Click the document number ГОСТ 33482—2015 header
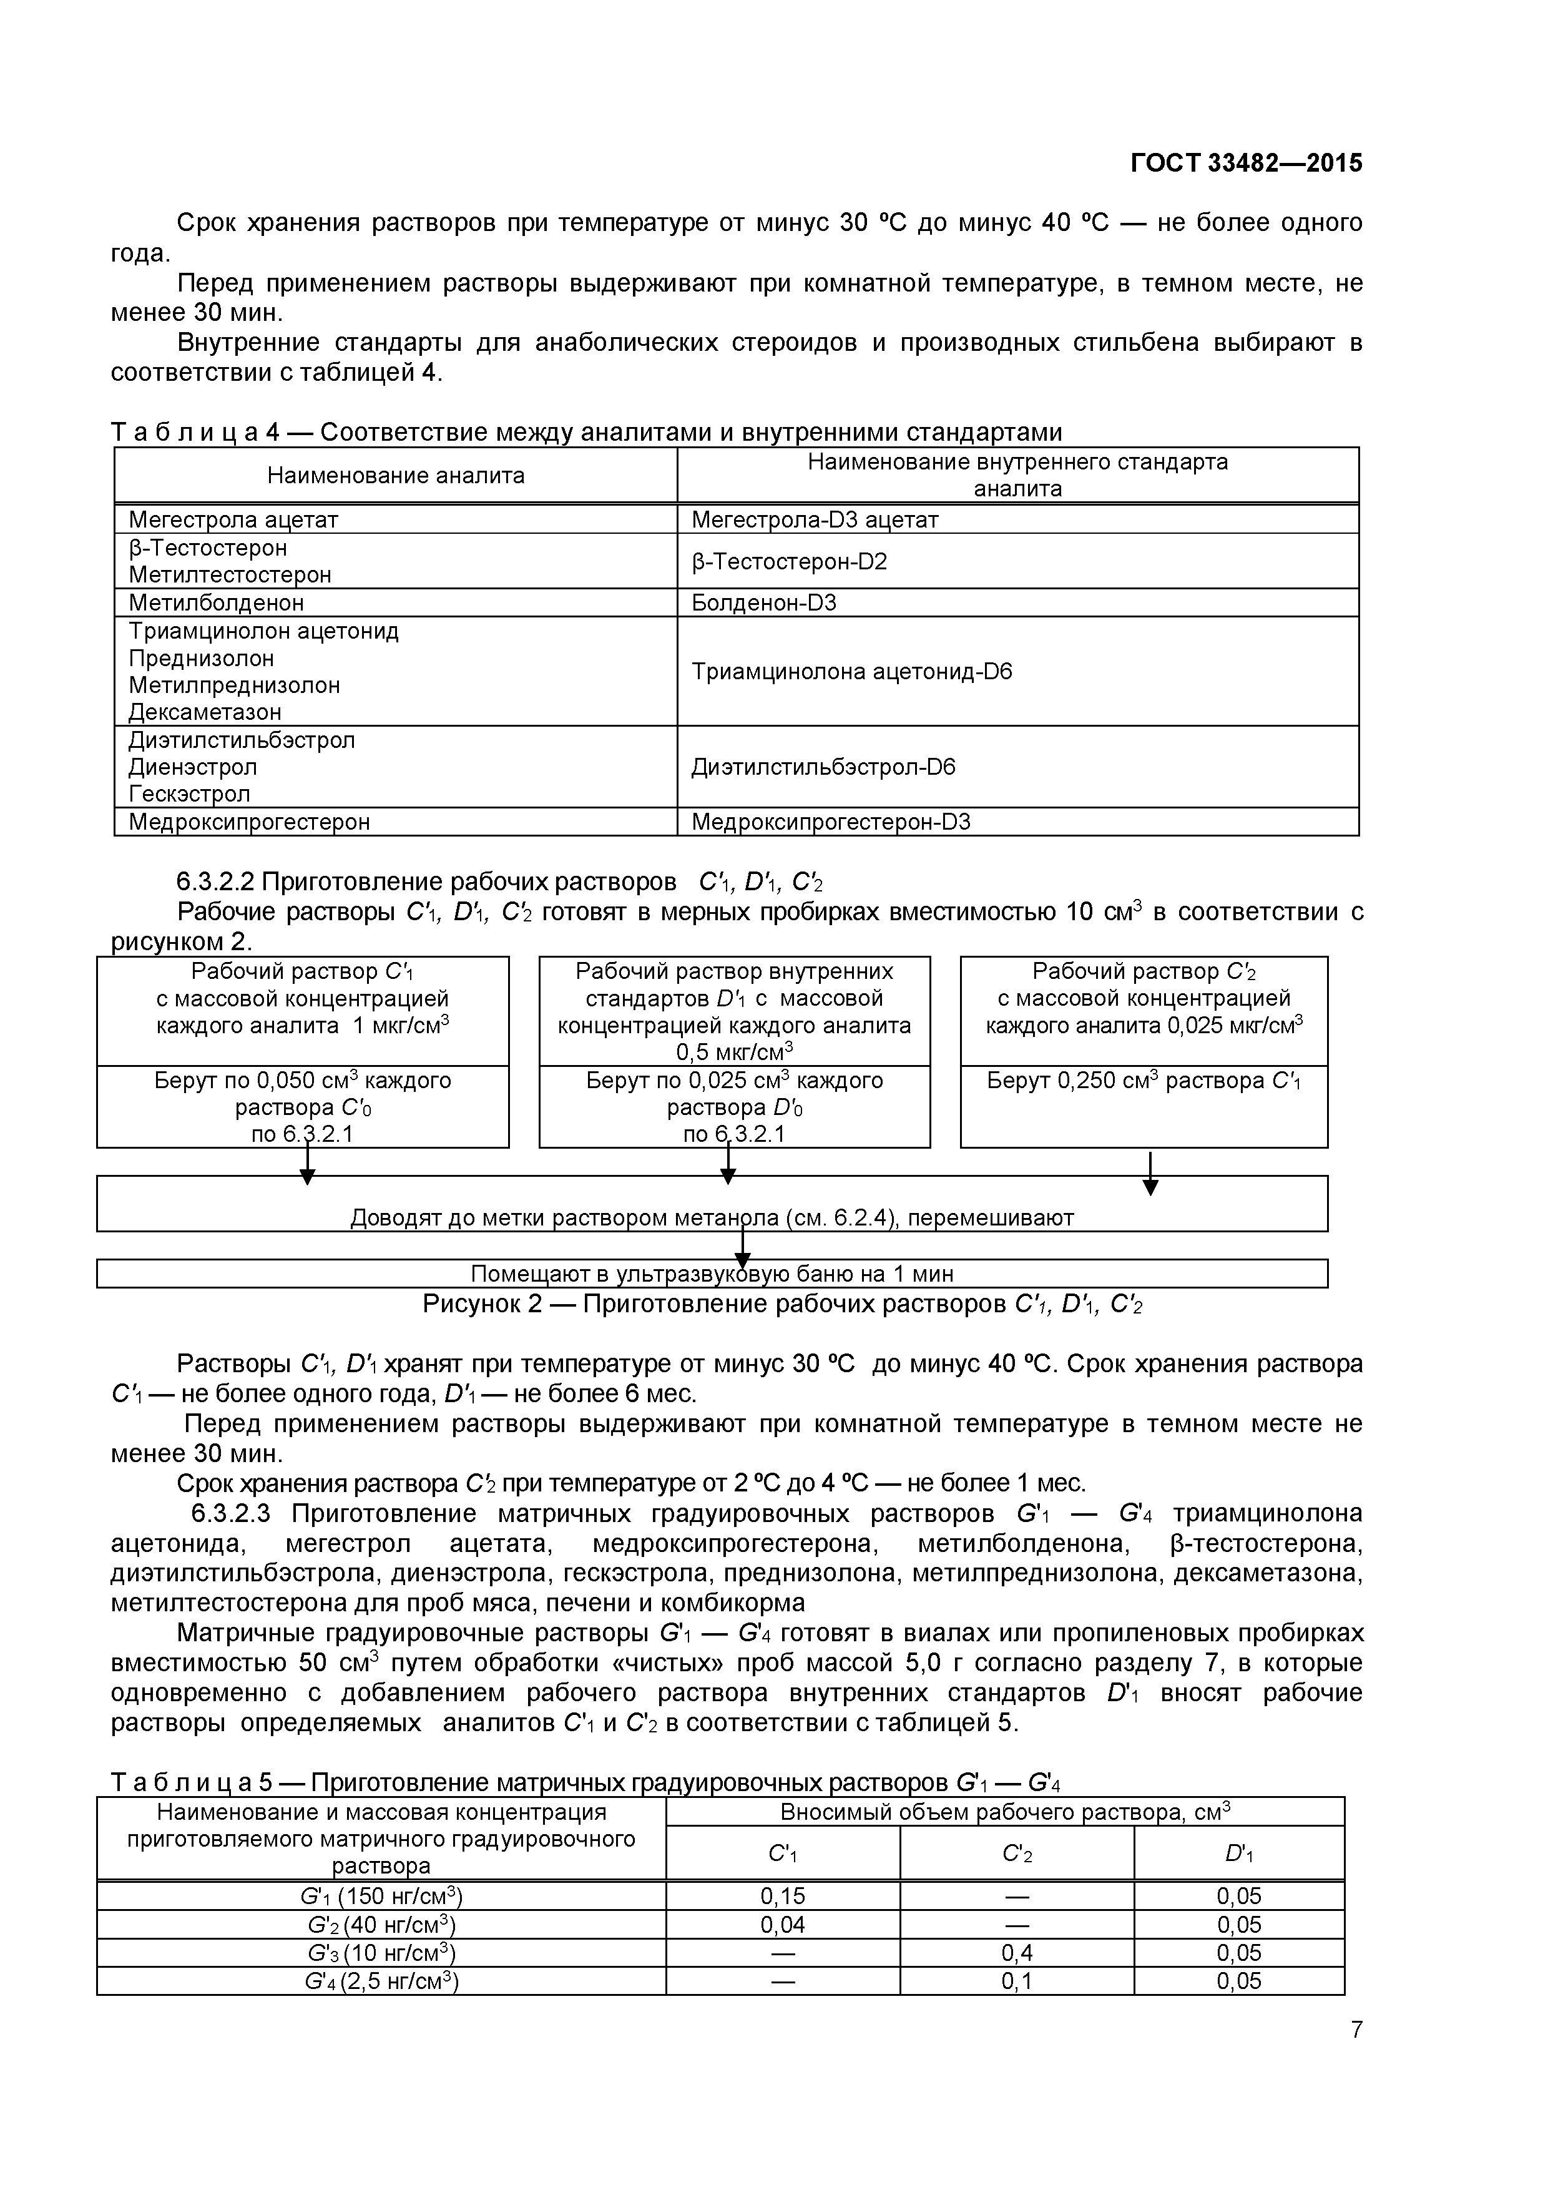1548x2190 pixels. pyautogui.click(x=1246, y=163)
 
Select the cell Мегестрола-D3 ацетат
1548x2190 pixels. pyautogui.click(x=815, y=520)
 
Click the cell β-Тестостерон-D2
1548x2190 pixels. pyautogui.click(x=789, y=561)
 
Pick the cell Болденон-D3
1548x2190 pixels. pyautogui.click(x=763, y=603)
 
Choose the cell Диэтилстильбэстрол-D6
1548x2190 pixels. pyautogui.click(x=822, y=767)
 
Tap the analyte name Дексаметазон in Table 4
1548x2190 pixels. pyautogui.click(x=205, y=712)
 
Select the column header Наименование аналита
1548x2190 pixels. pyautogui.click(x=395, y=475)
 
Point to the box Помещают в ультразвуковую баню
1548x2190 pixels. pyautogui.click(x=712, y=1274)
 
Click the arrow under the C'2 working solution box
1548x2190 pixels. pyautogui.click(x=1150, y=1173)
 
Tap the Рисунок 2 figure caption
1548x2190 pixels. pyautogui.click(x=782, y=1304)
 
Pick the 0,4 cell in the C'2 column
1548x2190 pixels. pyautogui.click(x=1017, y=1953)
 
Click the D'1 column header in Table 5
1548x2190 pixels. pyautogui.click(x=1238, y=1854)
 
